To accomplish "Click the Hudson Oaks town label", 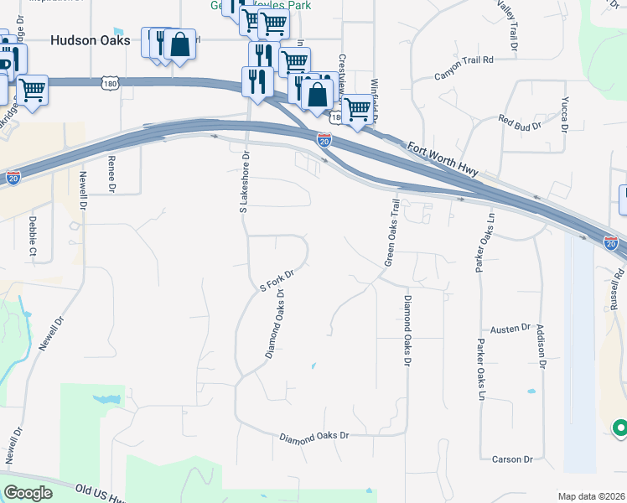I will pos(90,39).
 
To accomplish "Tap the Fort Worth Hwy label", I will pos(442,159).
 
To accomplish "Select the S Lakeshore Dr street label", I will pos(246,180).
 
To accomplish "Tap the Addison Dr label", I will pos(541,347).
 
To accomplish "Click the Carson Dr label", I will pos(513,459).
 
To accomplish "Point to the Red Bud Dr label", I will pos(521,122).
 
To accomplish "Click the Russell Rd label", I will pos(618,284).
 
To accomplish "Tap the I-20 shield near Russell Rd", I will pos(610,242).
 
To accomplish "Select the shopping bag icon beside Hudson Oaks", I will pos(179,45).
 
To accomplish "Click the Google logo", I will pos(28,492).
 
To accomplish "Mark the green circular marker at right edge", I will pos(620,428).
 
